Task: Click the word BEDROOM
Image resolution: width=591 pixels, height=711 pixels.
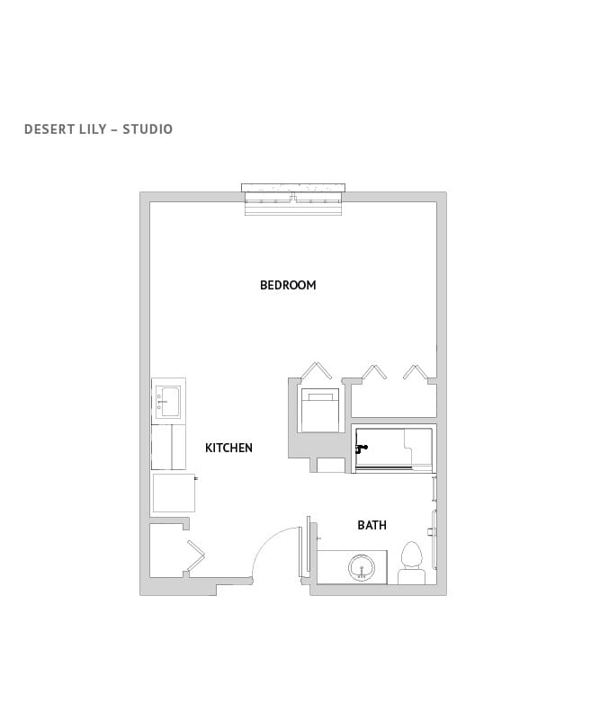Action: (288, 285)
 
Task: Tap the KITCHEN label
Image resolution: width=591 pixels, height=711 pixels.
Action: (228, 448)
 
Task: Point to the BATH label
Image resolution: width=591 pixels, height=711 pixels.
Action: (372, 525)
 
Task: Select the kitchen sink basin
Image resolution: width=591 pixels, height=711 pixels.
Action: (168, 400)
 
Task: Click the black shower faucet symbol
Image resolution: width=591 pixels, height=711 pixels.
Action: (361, 448)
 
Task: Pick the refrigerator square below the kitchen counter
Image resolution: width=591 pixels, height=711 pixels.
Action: (174, 492)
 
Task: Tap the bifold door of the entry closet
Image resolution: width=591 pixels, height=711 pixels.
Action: (195, 556)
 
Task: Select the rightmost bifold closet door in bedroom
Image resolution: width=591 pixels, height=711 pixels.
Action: (415, 371)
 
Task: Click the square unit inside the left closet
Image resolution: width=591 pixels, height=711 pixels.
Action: (319, 412)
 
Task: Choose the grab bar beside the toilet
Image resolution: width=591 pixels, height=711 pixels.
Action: (436, 539)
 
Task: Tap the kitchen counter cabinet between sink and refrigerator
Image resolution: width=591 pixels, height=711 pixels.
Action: (168, 446)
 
